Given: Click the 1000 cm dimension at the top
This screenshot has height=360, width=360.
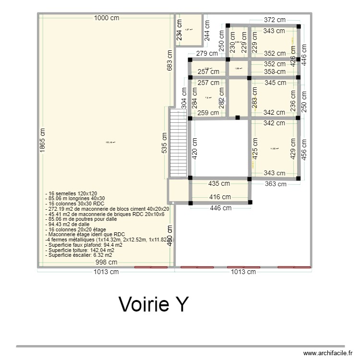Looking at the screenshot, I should pyautogui.click(x=107, y=18).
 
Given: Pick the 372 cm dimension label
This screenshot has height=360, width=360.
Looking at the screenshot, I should pyautogui.click(x=275, y=20).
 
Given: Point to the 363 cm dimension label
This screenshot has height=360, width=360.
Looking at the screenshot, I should pyautogui.click(x=275, y=184).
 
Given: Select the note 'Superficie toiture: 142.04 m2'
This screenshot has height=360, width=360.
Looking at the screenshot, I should pyautogui.click(x=80, y=250).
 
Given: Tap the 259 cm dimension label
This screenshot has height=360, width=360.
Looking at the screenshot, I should pyautogui.click(x=208, y=113).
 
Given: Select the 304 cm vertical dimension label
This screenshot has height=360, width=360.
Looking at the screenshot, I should pyautogui.click(x=183, y=98).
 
